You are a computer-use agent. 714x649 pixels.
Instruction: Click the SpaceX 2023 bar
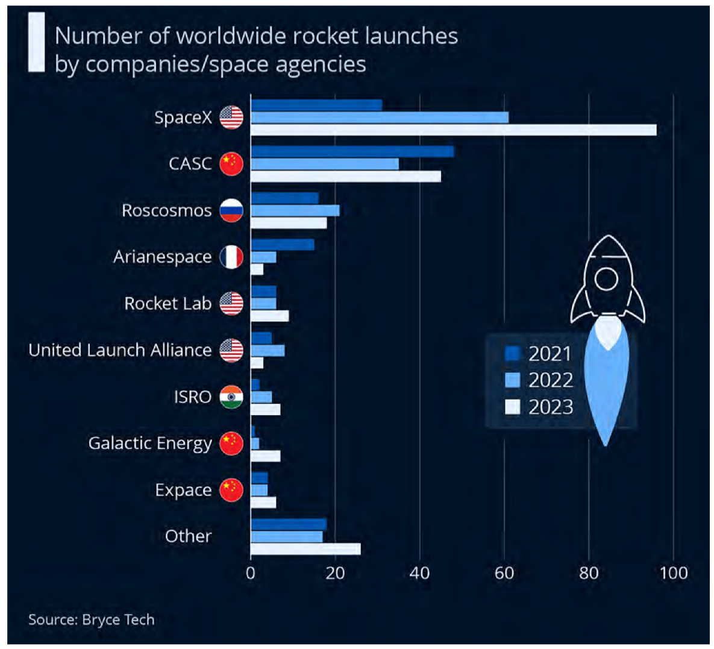click(454, 130)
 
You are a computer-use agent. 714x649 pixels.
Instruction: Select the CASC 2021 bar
click(352, 152)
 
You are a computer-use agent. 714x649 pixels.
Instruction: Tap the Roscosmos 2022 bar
click(295, 210)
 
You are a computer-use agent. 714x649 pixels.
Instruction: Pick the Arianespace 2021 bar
click(283, 245)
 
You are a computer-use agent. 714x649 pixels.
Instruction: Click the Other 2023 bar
click(305, 549)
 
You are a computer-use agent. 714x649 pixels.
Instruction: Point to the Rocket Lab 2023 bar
click(269, 316)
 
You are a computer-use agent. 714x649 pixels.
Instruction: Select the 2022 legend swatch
click(512, 380)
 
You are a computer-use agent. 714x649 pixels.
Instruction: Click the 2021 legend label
click(550, 354)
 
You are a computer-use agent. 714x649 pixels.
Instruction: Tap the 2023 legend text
click(551, 407)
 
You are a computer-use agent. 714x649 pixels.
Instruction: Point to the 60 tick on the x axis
click(504, 573)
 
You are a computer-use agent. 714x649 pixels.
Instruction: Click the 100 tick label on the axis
click(674, 573)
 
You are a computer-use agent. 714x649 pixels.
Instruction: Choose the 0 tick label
click(251, 573)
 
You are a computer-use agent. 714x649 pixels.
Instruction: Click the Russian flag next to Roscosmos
click(231, 210)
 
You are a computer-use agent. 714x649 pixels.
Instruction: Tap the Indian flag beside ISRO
click(231, 397)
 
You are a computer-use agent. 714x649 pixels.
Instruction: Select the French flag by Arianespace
click(231, 257)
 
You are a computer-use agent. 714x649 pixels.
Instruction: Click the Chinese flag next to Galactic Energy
click(231, 443)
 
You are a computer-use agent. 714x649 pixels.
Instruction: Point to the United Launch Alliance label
click(121, 350)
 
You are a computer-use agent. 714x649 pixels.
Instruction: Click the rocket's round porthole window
click(606, 278)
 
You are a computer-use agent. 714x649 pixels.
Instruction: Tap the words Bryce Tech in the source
click(118, 620)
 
